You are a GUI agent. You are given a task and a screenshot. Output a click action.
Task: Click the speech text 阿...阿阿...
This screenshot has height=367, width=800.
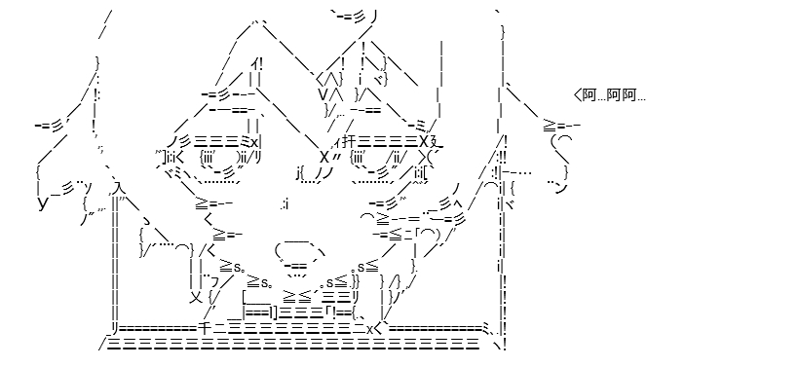click(x=615, y=95)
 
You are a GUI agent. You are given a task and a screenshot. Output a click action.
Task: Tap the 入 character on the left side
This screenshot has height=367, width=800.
click(x=118, y=189)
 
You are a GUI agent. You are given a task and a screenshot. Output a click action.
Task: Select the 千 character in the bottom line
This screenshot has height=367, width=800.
click(x=203, y=328)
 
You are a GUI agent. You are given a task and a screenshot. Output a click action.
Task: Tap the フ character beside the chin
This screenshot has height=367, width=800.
click(x=215, y=281)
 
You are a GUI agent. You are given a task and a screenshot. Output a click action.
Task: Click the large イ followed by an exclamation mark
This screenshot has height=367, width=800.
click(x=256, y=64)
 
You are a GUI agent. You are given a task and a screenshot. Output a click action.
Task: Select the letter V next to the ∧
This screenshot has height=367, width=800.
click(x=323, y=93)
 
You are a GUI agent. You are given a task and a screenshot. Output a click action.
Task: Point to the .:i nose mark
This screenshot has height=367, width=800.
click(x=285, y=205)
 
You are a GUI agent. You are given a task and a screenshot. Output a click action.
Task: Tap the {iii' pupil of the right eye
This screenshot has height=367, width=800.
click(x=360, y=156)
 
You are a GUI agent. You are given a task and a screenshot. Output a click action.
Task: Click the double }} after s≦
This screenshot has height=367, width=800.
click(x=357, y=280)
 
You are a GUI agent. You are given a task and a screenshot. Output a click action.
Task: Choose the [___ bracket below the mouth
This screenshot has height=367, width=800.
click(x=260, y=297)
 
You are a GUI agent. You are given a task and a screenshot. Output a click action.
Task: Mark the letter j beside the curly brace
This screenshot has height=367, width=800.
click(x=298, y=174)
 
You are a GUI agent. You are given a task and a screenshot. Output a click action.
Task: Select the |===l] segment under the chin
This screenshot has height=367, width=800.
click(x=260, y=312)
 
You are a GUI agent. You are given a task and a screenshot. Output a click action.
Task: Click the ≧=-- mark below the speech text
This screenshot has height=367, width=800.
click(x=560, y=125)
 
